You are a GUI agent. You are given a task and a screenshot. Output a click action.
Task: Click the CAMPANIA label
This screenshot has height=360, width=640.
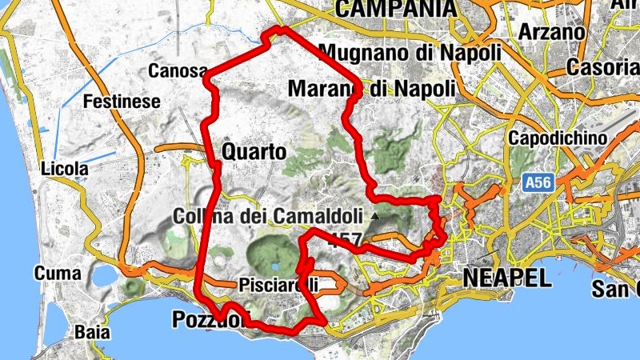pos(396,9)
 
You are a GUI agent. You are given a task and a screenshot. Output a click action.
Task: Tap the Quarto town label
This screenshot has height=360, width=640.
pos(254,152)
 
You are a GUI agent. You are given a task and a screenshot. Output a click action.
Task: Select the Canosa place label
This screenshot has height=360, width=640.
pos(178,71)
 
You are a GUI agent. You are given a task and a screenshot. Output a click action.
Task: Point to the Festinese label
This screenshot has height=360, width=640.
pos(122,102)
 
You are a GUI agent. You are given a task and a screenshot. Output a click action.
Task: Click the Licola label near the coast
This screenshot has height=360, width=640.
pos(61,170)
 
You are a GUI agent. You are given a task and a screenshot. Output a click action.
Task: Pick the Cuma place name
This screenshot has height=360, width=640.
pos(58,274)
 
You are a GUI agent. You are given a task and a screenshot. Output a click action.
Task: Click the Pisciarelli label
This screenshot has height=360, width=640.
pos(278,285)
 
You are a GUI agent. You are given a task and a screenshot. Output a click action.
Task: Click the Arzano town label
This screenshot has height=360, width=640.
pos(551,33)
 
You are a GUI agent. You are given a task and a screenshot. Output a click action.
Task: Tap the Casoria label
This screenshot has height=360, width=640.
pos(602,68)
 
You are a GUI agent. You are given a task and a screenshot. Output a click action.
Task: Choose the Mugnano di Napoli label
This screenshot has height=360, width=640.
pos(410,53)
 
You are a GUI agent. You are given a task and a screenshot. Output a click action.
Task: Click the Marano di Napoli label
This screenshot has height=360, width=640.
pos(371,87)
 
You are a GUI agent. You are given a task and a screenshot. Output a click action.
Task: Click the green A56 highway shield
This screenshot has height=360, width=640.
pos(538,183)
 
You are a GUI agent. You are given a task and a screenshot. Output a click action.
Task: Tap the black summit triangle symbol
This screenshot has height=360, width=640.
pos(374,217)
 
